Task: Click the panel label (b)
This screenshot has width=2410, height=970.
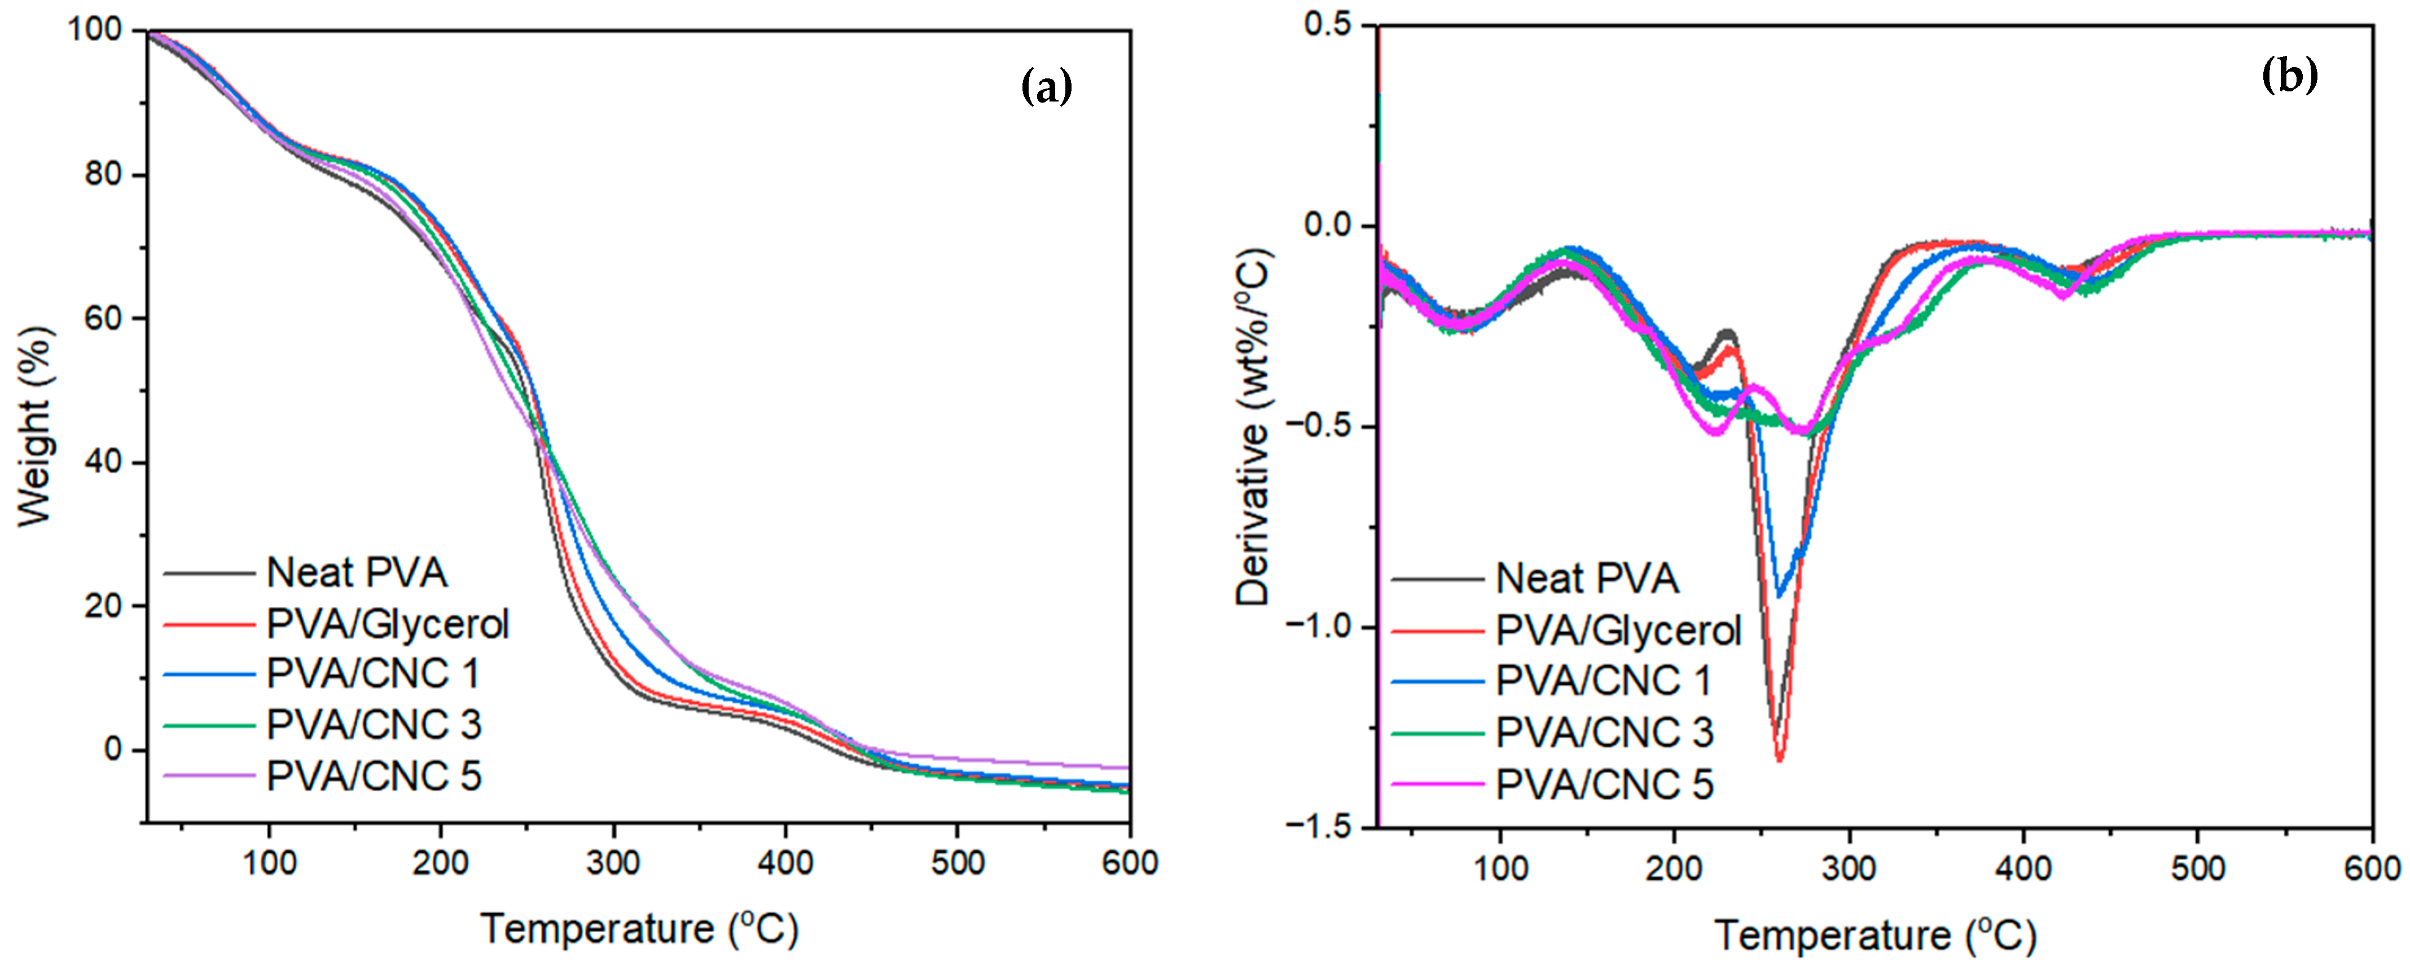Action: click(x=2289, y=75)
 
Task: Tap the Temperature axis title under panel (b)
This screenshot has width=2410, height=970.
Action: click(x=1875, y=936)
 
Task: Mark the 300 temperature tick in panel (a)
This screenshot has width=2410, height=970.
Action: click(x=613, y=862)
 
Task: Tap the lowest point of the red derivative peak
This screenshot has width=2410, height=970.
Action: click(x=1780, y=760)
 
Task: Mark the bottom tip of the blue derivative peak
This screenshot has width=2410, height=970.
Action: click(x=1779, y=596)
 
